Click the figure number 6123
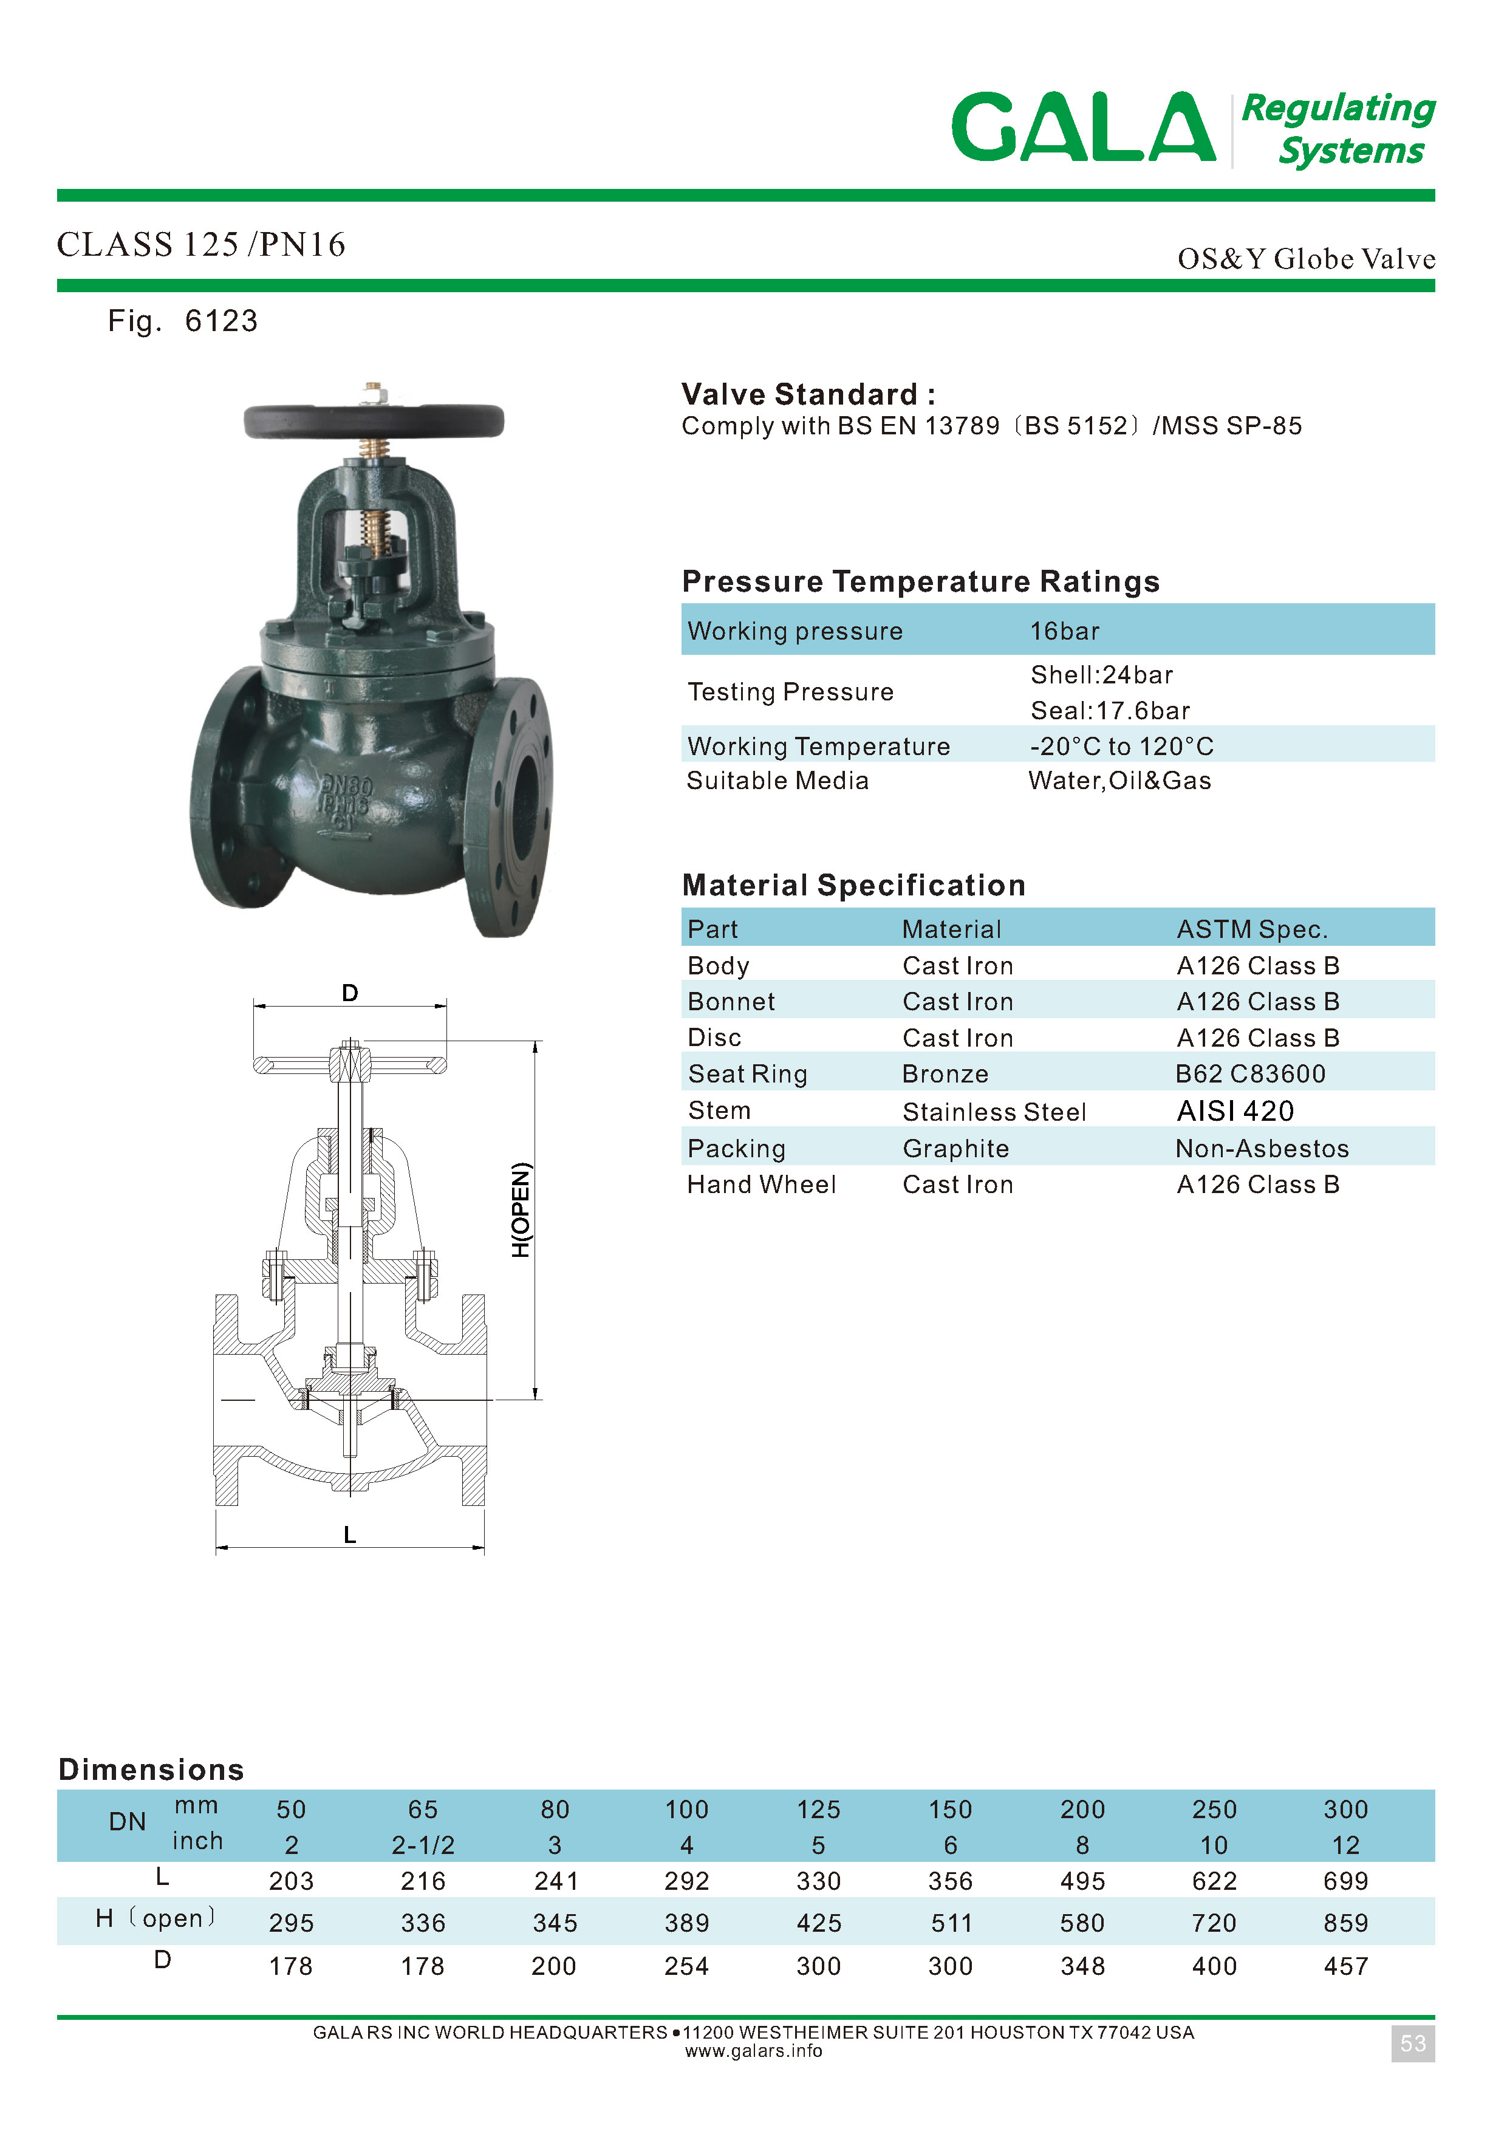(221, 321)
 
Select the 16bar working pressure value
(1064, 631)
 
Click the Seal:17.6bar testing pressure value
(1110, 711)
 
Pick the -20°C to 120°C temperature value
(1121, 746)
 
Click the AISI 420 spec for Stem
(1234, 1111)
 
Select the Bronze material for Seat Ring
(945, 1074)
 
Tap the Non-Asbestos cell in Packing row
(1261, 1149)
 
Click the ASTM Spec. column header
(1252, 929)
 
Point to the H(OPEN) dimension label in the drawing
(522, 1209)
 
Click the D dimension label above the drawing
(350, 993)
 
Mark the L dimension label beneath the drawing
(350, 1535)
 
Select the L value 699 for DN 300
(1345, 1881)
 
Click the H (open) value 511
(951, 1923)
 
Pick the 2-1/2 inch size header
(423, 1845)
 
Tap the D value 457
(1345, 1966)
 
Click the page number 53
(1412, 2044)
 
